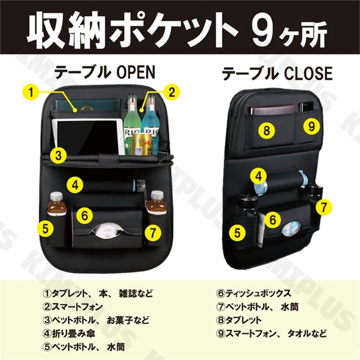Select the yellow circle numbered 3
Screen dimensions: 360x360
pos(59,155)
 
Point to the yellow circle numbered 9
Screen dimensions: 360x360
pos(312,126)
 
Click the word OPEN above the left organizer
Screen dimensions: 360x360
pos(136,73)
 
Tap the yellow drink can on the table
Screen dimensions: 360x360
pos(139,144)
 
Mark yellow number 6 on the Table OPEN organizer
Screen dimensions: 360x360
pos(85,216)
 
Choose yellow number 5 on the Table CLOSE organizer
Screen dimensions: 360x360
pos(237,232)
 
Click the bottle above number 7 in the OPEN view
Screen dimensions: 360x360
pos(157,203)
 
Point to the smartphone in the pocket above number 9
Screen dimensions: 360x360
pos(305,107)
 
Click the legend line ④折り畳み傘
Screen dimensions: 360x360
pos(68,334)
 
